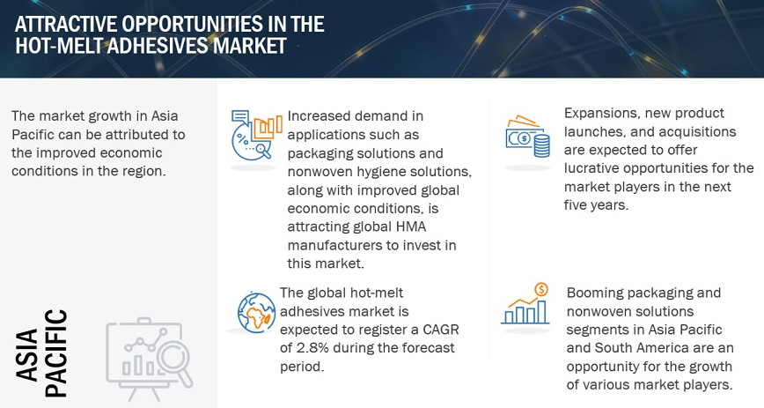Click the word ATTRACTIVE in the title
tap(65, 24)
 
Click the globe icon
tap(256, 312)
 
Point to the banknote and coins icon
tap(528, 137)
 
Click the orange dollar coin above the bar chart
tap(540, 289)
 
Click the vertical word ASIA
tap(27, 354)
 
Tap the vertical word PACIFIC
tap(55, 353)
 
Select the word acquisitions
tap(699, 132)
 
